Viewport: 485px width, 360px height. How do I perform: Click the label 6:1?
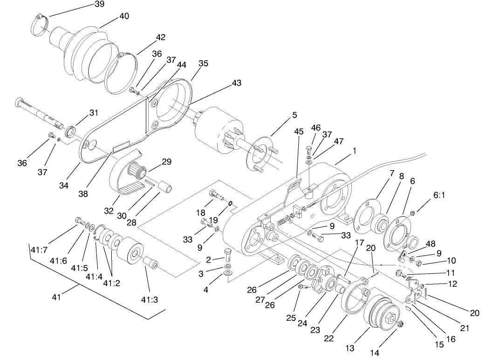439,197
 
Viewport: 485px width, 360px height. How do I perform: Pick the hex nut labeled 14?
402,324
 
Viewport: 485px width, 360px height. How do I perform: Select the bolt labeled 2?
228,256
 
